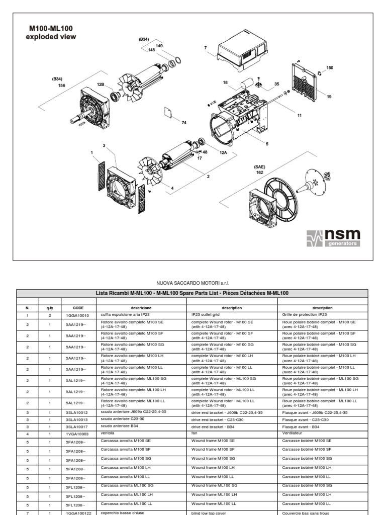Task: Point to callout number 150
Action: pos(329,67)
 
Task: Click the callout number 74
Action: pos(184,123)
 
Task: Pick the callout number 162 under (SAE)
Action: pos(259,172)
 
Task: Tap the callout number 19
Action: pos(329,97)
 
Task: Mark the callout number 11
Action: pos(300,115)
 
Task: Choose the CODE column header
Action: pos(78,308)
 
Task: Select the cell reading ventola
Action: pos(108,433)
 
